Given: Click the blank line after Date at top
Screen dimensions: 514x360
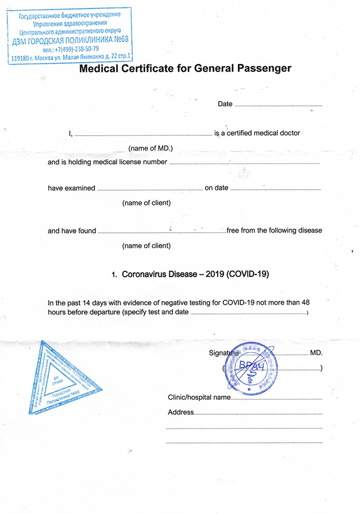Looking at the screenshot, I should (278, 104).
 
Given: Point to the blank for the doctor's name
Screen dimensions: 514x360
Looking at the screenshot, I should (143, 134).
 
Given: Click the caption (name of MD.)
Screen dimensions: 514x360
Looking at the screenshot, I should (150, 148).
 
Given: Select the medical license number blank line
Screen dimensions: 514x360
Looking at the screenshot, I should (244, 162).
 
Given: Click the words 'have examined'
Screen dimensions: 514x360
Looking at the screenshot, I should (71, 188).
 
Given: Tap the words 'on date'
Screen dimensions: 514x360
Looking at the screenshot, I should (216, 188).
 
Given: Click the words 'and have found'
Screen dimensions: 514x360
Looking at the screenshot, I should (72, 231).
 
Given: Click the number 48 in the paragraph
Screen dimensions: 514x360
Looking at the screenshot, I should (305, 302).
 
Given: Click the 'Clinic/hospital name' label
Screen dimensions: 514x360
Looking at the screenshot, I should (199, 397).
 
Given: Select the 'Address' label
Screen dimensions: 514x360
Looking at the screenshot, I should (181, 412).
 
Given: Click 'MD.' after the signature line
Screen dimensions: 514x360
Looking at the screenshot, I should (316, 354).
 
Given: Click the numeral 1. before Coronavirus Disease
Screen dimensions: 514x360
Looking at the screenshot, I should (115, 275).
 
